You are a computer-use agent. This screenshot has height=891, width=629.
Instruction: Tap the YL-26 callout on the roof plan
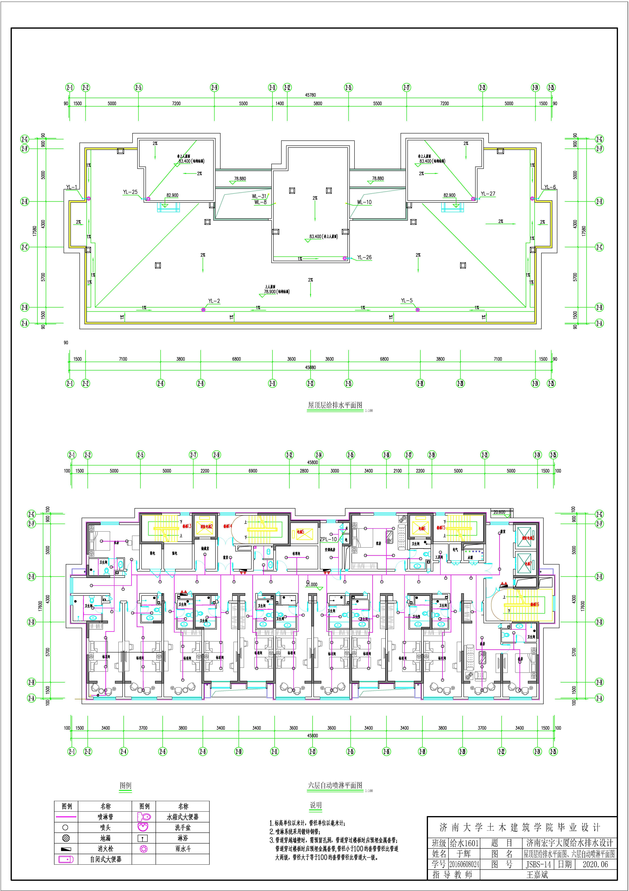(364, 257)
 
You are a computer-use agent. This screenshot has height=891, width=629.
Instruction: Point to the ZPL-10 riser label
(328, 539)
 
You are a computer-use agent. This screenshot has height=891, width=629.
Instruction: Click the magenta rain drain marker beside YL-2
(203, 309)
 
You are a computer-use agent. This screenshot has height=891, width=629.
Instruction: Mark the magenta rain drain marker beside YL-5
(418, 309)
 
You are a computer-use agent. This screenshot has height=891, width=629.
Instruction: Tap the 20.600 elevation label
(499, 512)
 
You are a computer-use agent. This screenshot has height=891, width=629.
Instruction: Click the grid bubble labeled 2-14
(319, 455)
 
